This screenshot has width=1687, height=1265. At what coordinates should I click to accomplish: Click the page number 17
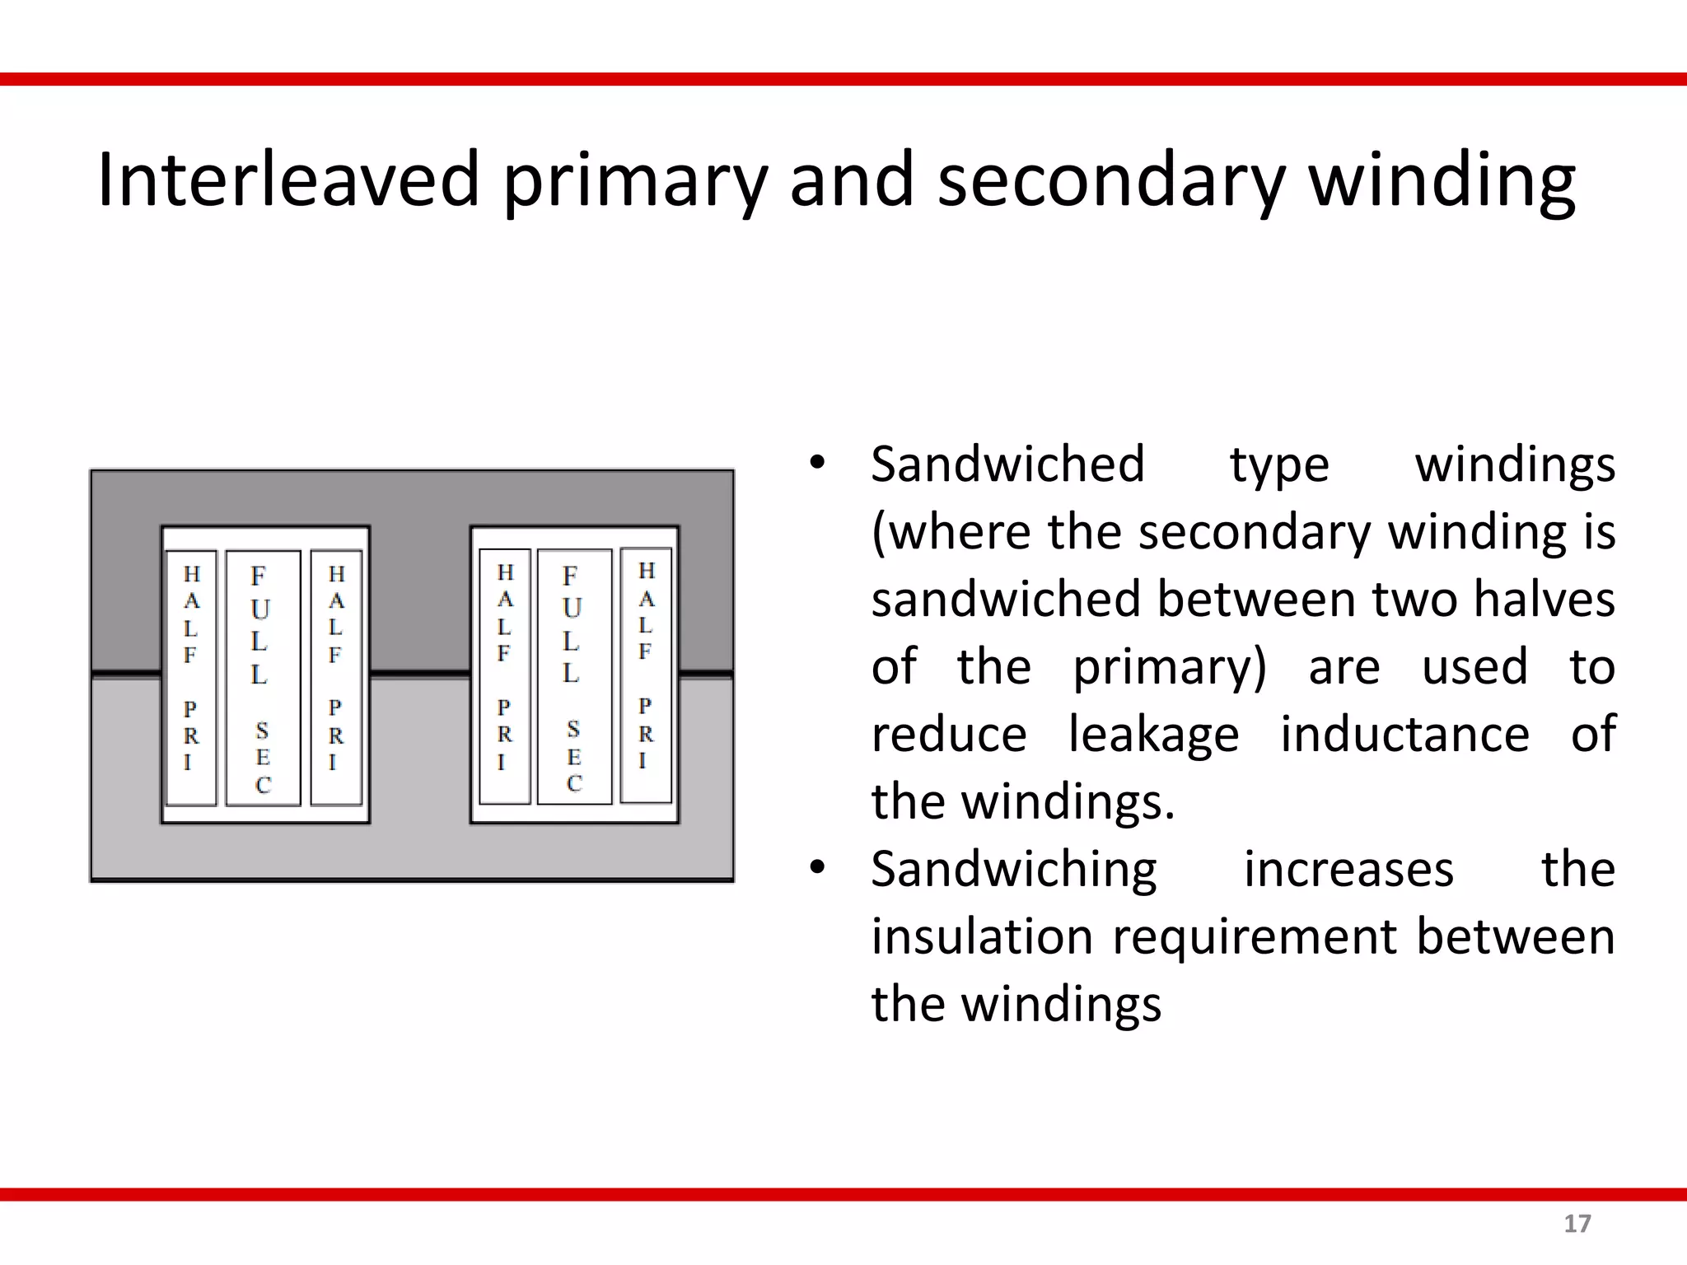[x=1577, y=1224]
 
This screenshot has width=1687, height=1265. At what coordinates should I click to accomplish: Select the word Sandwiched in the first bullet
[x=1007, y=464]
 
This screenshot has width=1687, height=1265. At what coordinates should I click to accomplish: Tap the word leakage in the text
[x=1153, y=734]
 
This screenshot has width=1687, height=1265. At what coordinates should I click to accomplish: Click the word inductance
[x=1404, y=734]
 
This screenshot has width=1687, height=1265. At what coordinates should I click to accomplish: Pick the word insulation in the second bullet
[x=981, y=936]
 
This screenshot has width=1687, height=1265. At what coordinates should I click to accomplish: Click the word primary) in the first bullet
[x=1169, y=666]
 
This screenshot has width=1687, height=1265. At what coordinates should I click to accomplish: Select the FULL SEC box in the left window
[x=262, y=678]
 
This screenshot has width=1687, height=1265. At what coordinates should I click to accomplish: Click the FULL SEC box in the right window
[x=574, y=676]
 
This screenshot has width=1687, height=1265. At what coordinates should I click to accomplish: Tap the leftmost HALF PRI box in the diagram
[x=191, y=678]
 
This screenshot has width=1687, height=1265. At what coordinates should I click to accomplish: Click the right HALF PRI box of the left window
[x=336, y=677]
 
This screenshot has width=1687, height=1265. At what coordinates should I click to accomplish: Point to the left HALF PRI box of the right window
[x=504, y=676]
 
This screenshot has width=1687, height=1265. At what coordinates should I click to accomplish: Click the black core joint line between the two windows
[x=420, y=675]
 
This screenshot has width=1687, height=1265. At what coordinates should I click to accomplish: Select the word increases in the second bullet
[x=1348, y=869]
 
